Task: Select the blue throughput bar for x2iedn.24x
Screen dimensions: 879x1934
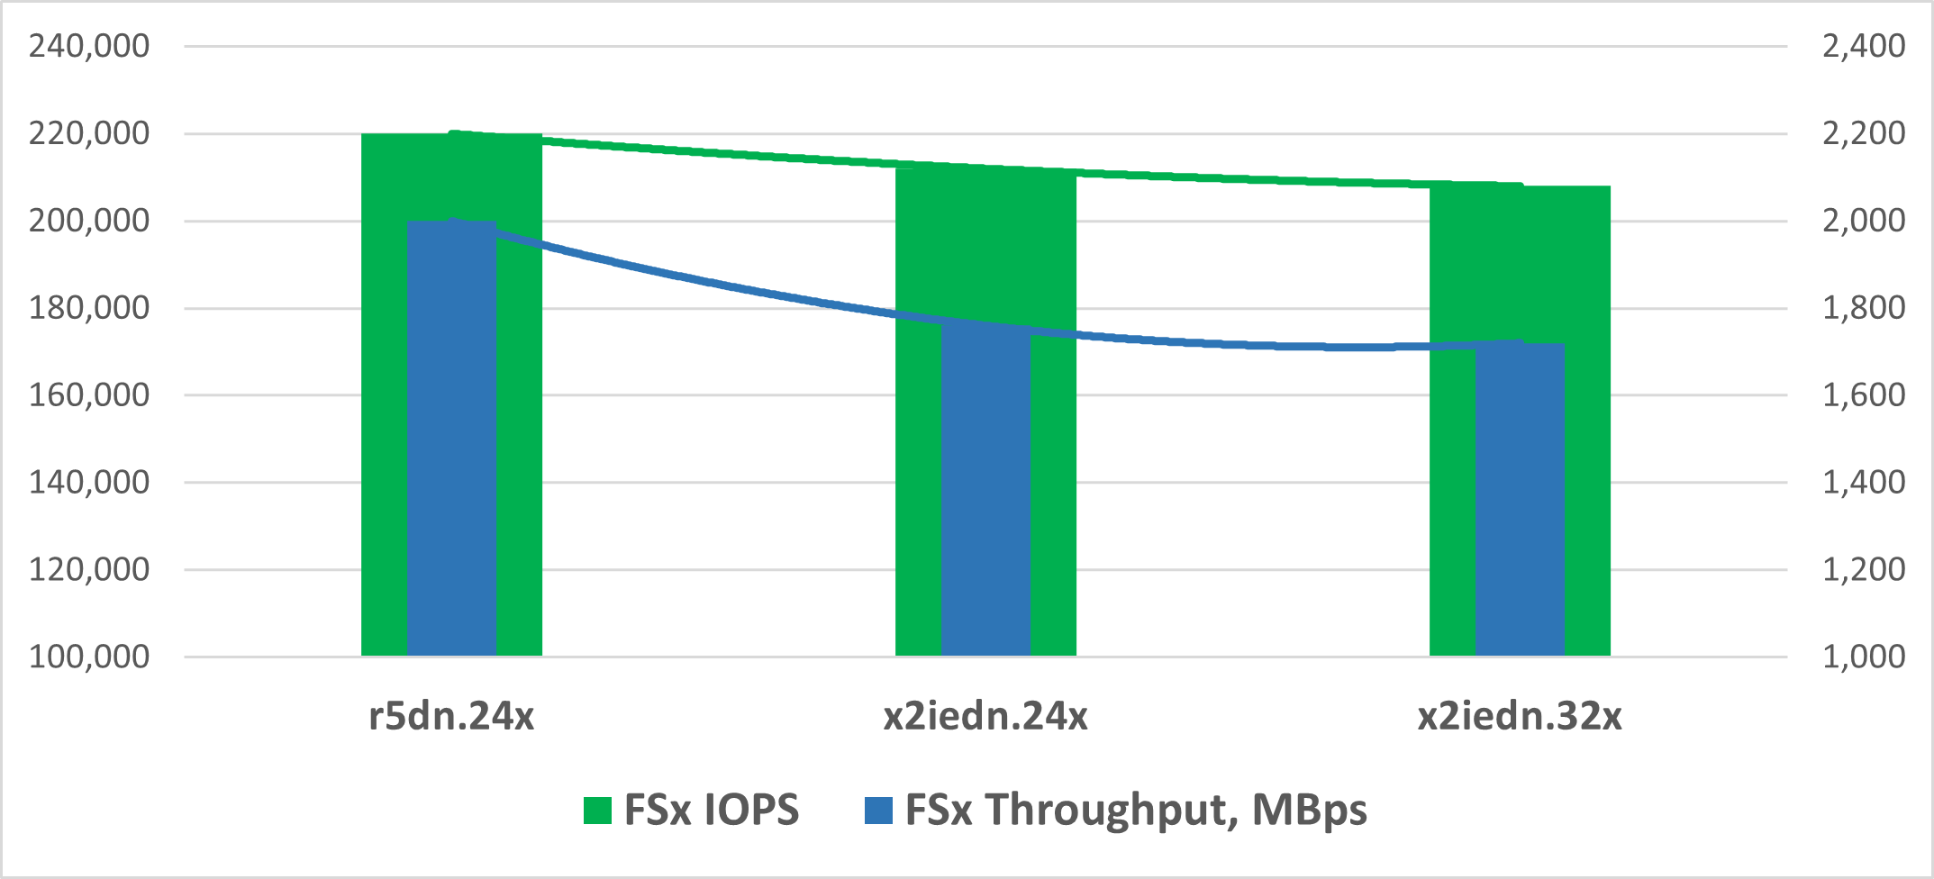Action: pyautogui.click(x=985, y=491)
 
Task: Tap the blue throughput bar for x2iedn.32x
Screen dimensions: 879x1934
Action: pyautogui.click(x=1520, y=499)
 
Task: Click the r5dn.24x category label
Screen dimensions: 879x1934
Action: pyautogui.click(x=451, y=716)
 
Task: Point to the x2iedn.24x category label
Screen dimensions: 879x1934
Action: pyautogui.click(x=985, y=716)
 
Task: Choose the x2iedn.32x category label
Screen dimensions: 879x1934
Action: pyautogui.click(x=1520, y=716)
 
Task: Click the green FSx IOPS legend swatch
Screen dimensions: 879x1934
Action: pyautogui.click(x=597, y=810)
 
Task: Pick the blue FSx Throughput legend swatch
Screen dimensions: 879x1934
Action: pyautogui.click(x=878, y=810)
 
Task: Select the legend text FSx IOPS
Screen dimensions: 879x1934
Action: pyautogui.click(x=711, y=810)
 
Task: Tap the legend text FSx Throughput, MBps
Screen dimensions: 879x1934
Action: pyautogui.click(x=1136, y=810)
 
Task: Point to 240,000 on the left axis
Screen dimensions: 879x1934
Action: pyautogui.click(x=89, y=46)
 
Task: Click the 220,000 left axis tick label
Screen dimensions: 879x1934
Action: pyautogui.click(x=89, y=133)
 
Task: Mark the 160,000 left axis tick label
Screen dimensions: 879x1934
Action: pyautogui.click(x=89, y=394)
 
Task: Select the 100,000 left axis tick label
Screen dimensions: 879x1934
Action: pyautogui.click(x=89, y=657)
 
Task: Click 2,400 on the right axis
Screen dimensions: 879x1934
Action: pyautogui.click(x=1864, y=46)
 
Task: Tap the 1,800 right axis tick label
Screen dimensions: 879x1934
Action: pyautogui.click(x=1864, y=308)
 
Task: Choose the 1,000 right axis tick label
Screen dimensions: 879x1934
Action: pyautogui.click(x=1864, y=657)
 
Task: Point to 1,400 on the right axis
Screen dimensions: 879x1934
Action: pyautogui.click(x=1864, y=482)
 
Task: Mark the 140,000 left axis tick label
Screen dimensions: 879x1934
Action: pyautogui.click(x=89, y=482)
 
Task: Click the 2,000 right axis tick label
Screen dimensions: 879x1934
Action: pyautogui.click(x=1864, y=221)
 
